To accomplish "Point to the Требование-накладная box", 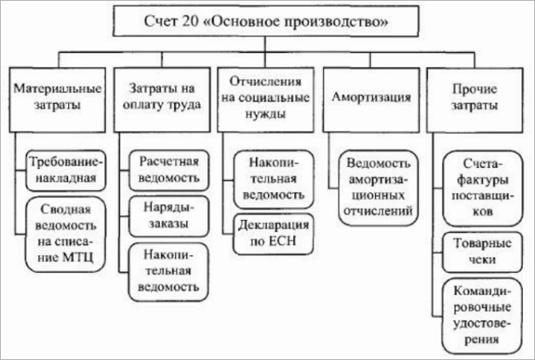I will (63, 167).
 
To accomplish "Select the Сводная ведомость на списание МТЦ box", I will (63, 234).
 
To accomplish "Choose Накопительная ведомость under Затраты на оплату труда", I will (169, 268).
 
